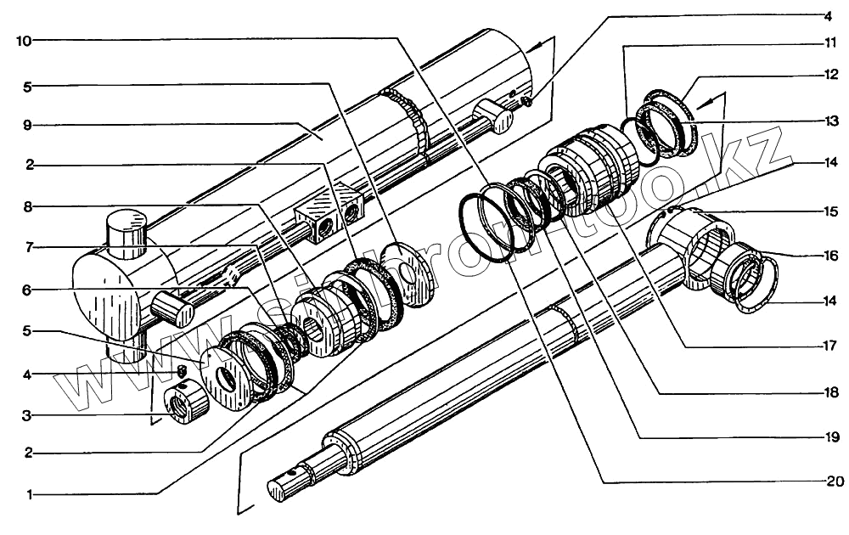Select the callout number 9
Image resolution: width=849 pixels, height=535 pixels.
[28, 125]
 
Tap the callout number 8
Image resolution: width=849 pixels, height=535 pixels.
[28, 206]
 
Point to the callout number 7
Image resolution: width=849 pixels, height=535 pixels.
[28, 247]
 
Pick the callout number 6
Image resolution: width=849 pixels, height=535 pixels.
[28, 290]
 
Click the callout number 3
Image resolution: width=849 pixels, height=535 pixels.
[28, 415]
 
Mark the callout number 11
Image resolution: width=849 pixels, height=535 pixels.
[828, 42]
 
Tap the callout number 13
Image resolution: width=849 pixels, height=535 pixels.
[828, 121]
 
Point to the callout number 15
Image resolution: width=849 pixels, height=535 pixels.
[828, 211]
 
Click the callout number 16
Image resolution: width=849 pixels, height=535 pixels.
[828, 255]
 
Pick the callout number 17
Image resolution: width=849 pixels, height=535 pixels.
[828, 346]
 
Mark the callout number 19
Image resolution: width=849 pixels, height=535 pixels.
[828, 437]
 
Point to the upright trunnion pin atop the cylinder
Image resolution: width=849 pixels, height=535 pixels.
[127, 237]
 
